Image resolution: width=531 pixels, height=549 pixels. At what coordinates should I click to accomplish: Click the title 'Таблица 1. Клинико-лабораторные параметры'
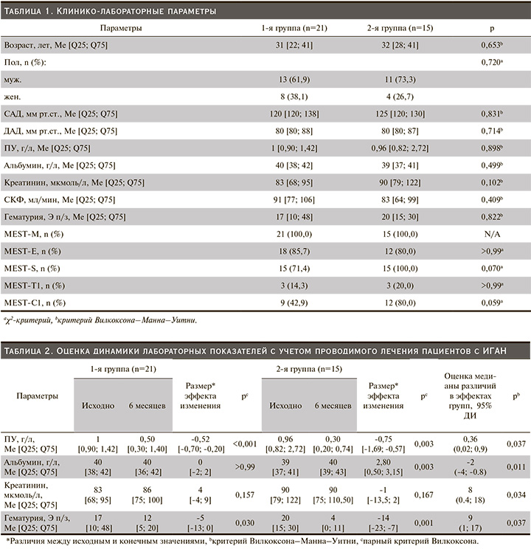pyautogui.click(x=111, y=11)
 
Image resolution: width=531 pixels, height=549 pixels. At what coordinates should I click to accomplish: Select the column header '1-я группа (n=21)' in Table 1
pyautogui.click(x=294, y=28)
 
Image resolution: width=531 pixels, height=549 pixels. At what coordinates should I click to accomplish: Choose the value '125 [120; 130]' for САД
pyautogui.click(x=390, y=114)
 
